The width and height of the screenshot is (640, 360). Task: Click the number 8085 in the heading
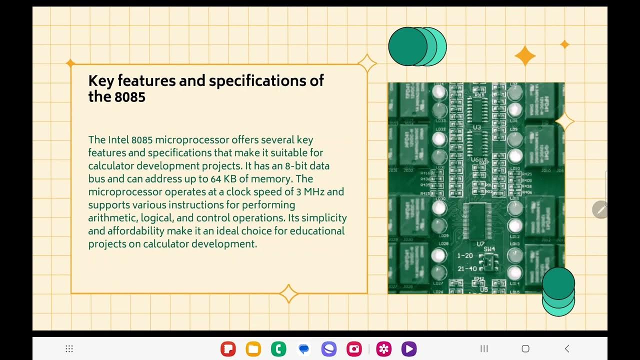130,96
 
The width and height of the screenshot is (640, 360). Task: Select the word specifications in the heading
266,80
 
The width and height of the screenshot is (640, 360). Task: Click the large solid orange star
525,55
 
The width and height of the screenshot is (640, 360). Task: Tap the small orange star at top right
564,44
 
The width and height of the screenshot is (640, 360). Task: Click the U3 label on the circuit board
476,127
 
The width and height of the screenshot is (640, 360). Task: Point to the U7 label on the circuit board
480,244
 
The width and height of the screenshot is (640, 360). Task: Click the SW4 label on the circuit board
489,249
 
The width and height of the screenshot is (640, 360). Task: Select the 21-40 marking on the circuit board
467,269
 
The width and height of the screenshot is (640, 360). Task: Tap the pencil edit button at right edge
600,209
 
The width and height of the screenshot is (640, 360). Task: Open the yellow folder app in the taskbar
253,348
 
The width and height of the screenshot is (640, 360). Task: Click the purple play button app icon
408,348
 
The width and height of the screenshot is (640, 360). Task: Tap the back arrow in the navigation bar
566,348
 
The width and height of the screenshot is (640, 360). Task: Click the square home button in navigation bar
525,348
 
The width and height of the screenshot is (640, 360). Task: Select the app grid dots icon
69,348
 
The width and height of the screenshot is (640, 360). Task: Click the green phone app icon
278,348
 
